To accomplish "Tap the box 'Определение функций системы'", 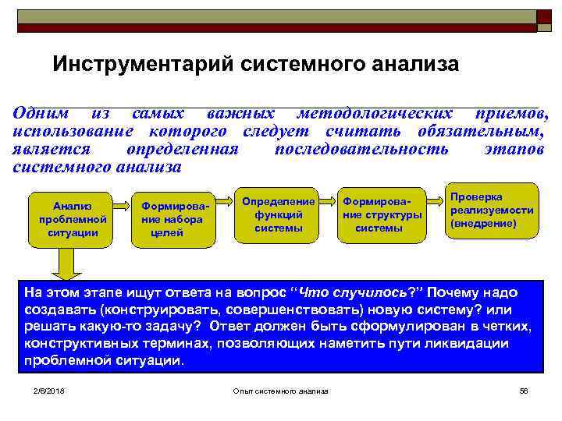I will (x=278, y=214).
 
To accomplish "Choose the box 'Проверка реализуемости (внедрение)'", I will (x=492, y=210).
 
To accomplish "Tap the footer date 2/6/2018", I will (x=48, y=390).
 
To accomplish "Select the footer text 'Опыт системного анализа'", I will (x=281, y=390).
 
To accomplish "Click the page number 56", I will (x=524, y=390).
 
